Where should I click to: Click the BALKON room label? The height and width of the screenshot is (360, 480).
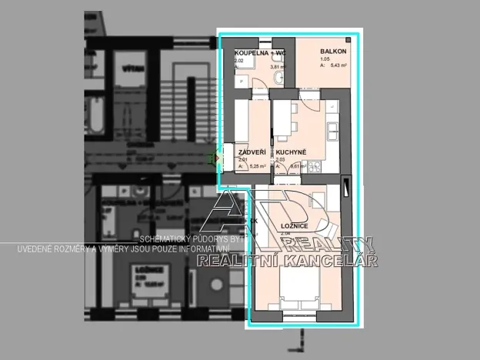(x=334, y=52)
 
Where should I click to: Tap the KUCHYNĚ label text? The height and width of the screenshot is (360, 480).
(x=292, y=152)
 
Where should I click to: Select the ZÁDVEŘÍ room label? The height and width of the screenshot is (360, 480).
(x=252, y=152)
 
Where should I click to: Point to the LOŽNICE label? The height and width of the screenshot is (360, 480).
(x=295, y=225)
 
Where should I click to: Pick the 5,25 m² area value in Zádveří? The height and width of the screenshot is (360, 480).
(x=256, y=166)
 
